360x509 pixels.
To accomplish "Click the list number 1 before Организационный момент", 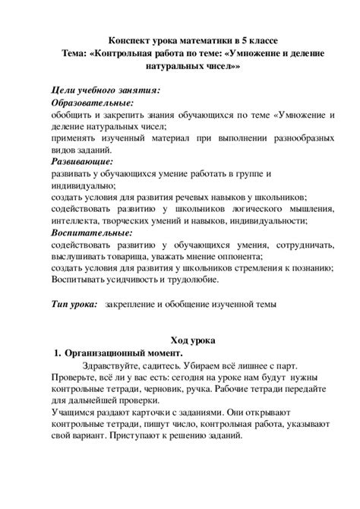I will [57, 353].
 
